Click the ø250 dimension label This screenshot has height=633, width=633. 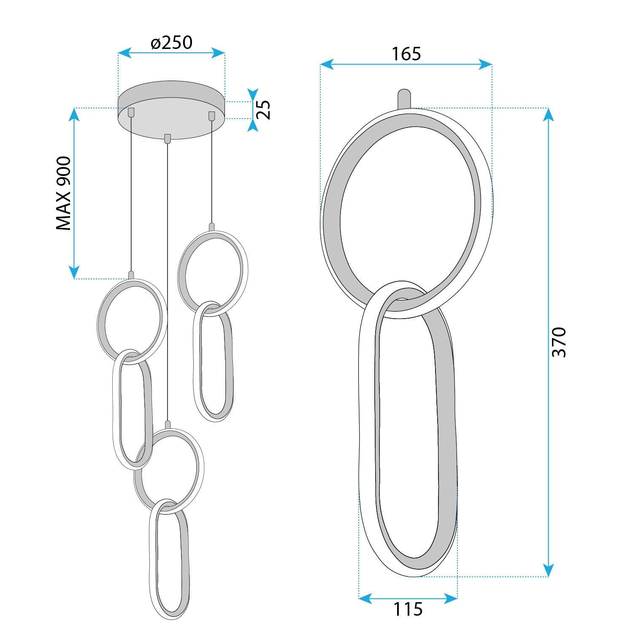pos(171,43)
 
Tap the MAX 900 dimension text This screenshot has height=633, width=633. pos(64,193)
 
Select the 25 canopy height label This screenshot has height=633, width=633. pos(263,110)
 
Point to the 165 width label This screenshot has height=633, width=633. pos(406,54)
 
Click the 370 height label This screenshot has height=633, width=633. pos(559,342)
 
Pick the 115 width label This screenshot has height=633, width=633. pos(408,609)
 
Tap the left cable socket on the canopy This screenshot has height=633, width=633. pos(131,112)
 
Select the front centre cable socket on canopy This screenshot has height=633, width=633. pos(168,138)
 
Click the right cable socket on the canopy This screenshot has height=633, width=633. pos(211,116)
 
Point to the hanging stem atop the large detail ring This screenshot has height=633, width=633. pos(404,99)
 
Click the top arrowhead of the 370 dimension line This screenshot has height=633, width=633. pos(548,114)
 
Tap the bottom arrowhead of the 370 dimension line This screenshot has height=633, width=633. pos(548,570)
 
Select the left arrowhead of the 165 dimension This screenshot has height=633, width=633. pos(327,65)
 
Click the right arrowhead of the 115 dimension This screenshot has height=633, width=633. pos(451,598)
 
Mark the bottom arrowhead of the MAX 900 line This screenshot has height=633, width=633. pos(74,272)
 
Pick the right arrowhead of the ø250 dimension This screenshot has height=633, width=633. pos(218,53)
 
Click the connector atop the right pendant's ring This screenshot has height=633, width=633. pos(212,227)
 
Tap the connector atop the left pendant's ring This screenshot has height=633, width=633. pos(131,275)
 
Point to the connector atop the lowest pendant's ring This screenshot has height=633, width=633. pos(168,425)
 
